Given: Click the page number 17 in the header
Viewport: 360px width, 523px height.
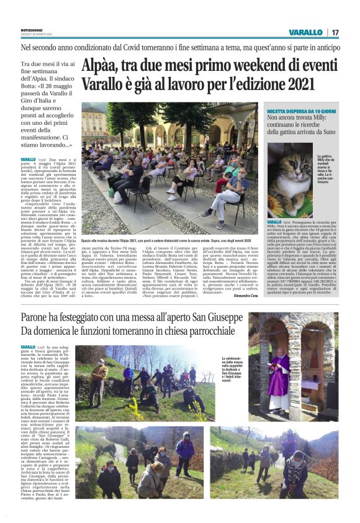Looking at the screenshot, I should click(x=335, y=32).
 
